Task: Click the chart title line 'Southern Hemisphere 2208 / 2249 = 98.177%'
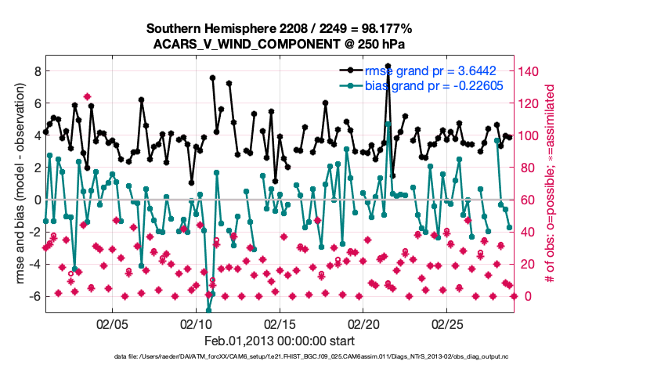coord(280,29)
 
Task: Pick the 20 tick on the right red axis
coord(529,264)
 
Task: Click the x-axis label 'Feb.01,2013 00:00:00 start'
coord(280,341)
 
